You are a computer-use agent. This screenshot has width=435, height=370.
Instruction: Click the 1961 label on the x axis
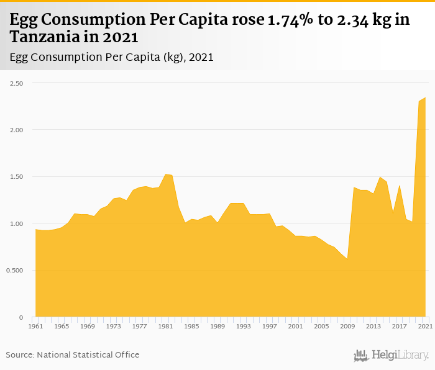pos(35,326)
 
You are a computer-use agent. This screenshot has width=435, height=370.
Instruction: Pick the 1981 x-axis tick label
pos(165,326)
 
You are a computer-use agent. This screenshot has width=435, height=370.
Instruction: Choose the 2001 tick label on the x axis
pos(295,326)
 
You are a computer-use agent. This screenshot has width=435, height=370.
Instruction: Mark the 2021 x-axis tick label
pos(425,326)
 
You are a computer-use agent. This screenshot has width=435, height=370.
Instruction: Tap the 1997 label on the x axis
pos(269,326)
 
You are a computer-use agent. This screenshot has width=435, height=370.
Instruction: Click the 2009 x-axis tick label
pos(347,326)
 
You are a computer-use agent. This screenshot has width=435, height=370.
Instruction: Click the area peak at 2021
pos(425,97)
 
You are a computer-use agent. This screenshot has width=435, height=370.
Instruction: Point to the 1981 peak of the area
pos(165,174)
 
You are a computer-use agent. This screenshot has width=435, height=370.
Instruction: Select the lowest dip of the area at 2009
pos(347,259)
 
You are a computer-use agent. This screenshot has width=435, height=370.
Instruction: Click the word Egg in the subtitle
pos(21,57)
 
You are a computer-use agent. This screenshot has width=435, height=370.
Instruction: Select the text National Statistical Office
pos(88,354)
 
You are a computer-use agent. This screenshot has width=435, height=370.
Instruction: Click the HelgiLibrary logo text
pos(400,355)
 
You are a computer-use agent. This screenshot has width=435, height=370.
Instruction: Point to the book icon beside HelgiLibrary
pos(361,355)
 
